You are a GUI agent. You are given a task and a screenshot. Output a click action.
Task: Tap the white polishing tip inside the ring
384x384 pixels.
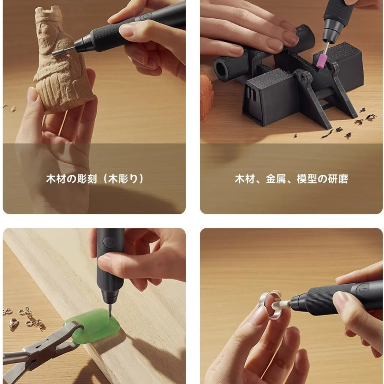coord(281,305)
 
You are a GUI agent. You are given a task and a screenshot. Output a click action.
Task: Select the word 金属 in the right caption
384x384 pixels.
coord(276,179)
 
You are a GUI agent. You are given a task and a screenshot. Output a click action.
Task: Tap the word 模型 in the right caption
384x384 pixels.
coord(307,179)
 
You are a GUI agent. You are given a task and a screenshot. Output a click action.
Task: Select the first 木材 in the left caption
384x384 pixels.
coord(56,179)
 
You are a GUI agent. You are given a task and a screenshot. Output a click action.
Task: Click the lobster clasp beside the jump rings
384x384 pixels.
coord(14,323)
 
